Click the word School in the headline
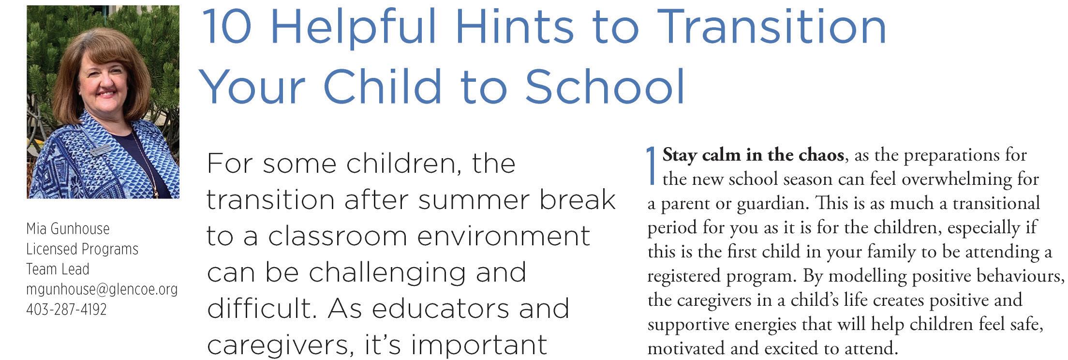605,87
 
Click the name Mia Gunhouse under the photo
68,228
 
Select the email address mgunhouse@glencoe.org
102,289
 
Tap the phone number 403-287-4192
66,309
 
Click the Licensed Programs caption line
82,249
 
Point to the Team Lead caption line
58,269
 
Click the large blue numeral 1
653,166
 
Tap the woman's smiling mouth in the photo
105,92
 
